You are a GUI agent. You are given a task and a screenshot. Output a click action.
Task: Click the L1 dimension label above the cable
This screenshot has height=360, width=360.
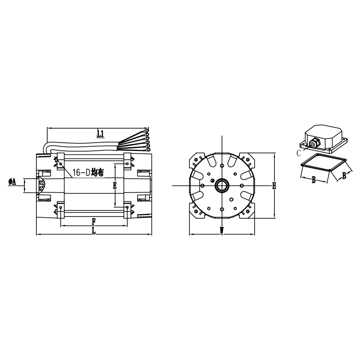(100, 134)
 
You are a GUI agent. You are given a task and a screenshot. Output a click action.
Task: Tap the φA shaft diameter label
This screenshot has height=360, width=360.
(13, 182)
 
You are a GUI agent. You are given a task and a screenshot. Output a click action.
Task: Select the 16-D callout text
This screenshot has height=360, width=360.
(81, 172)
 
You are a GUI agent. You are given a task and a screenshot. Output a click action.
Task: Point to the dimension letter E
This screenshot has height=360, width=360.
(115, 185)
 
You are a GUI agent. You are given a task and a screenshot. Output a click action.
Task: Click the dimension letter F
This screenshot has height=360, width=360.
(94, 221)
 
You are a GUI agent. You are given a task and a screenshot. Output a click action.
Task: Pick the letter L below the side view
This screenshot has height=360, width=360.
(94, 230)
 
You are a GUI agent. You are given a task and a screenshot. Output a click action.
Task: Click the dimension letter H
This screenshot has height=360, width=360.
(274, 185)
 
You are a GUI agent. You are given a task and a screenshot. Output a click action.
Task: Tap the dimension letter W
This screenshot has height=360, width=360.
(221, 230)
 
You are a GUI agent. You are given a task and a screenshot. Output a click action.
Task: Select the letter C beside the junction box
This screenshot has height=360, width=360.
(298, 153)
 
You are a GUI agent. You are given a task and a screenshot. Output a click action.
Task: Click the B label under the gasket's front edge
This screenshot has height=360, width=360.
(314, 180)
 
